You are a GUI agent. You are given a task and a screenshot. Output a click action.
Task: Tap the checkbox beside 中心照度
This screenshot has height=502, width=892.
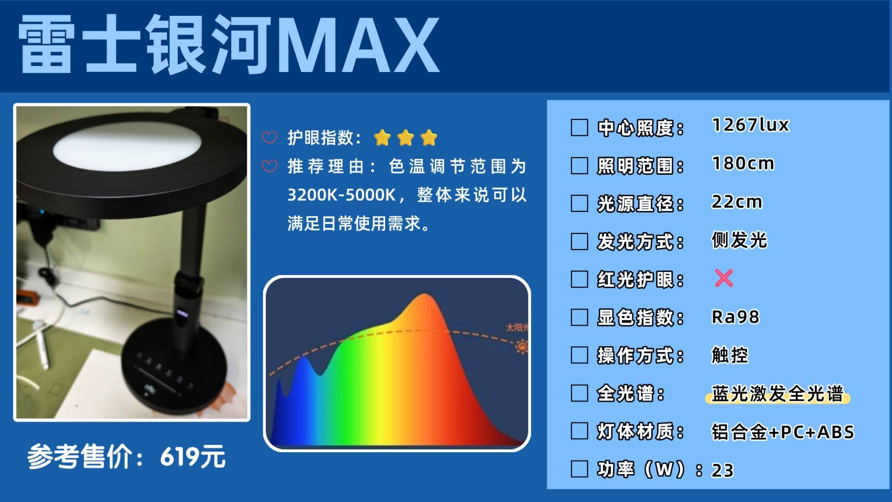point(579,127)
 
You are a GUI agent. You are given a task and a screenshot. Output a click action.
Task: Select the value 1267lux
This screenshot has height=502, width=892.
point(750,125)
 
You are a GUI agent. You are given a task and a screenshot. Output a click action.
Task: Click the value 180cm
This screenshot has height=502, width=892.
point(743,164)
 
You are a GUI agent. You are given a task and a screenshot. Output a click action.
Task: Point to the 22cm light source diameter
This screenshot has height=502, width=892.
point(737,202)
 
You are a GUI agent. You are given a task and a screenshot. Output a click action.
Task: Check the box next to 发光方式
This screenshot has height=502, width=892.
point(579,242)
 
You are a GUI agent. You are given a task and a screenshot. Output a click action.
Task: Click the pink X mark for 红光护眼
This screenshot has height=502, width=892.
point(724,278)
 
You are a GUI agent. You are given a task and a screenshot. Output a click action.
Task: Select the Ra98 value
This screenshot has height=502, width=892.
point(735,317)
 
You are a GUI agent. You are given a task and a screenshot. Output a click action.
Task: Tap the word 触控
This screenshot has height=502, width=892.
point(730,356)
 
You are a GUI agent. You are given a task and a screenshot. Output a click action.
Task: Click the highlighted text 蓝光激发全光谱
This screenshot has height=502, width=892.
point(777,394)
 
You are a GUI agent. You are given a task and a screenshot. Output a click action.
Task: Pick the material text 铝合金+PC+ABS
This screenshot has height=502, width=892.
point(783,432)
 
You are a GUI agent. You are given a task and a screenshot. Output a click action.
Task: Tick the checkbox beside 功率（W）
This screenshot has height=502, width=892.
point(579,469)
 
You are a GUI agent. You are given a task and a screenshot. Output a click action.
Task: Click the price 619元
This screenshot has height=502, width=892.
point(193,456)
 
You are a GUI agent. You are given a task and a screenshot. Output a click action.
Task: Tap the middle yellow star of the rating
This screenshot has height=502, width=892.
point(406,138)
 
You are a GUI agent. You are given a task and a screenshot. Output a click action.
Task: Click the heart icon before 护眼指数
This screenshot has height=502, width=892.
point(269,137)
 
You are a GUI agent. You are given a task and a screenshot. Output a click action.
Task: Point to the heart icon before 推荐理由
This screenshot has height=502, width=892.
point(269,166)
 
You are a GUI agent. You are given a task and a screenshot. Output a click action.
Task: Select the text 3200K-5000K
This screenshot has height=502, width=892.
point(341,195)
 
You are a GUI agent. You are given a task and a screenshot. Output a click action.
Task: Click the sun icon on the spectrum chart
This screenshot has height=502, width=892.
point(522,347)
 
